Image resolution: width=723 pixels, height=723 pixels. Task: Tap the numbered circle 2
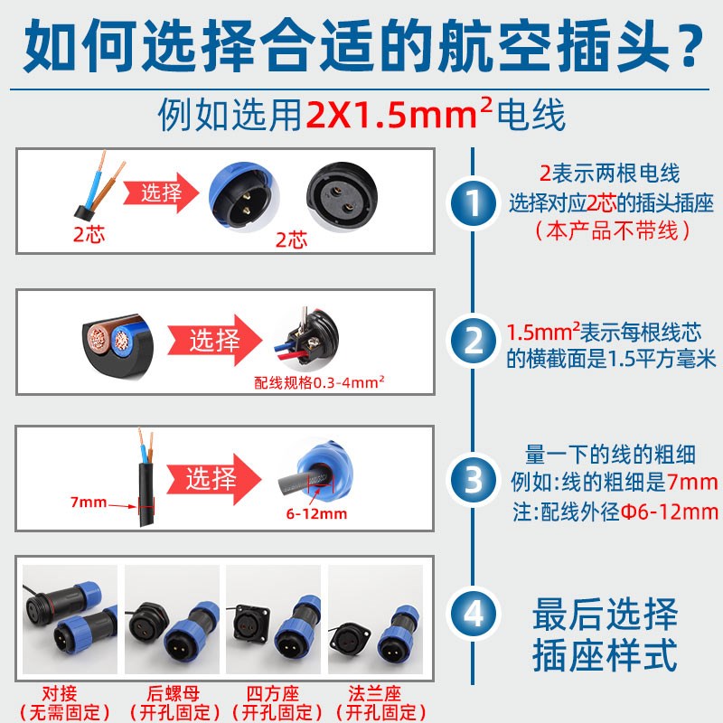(x=474, y=341)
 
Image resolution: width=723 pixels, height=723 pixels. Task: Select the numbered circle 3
(x=474, y=478)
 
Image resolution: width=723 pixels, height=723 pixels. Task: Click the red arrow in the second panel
(x=216, y=341)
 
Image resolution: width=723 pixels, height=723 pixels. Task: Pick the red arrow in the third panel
(x=217, y=478)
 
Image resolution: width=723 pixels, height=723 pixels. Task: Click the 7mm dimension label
(x=88, y=502)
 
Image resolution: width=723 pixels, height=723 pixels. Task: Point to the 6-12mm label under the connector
(x=315, y=514)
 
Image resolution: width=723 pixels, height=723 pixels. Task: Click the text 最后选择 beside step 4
(x=605, y=615)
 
